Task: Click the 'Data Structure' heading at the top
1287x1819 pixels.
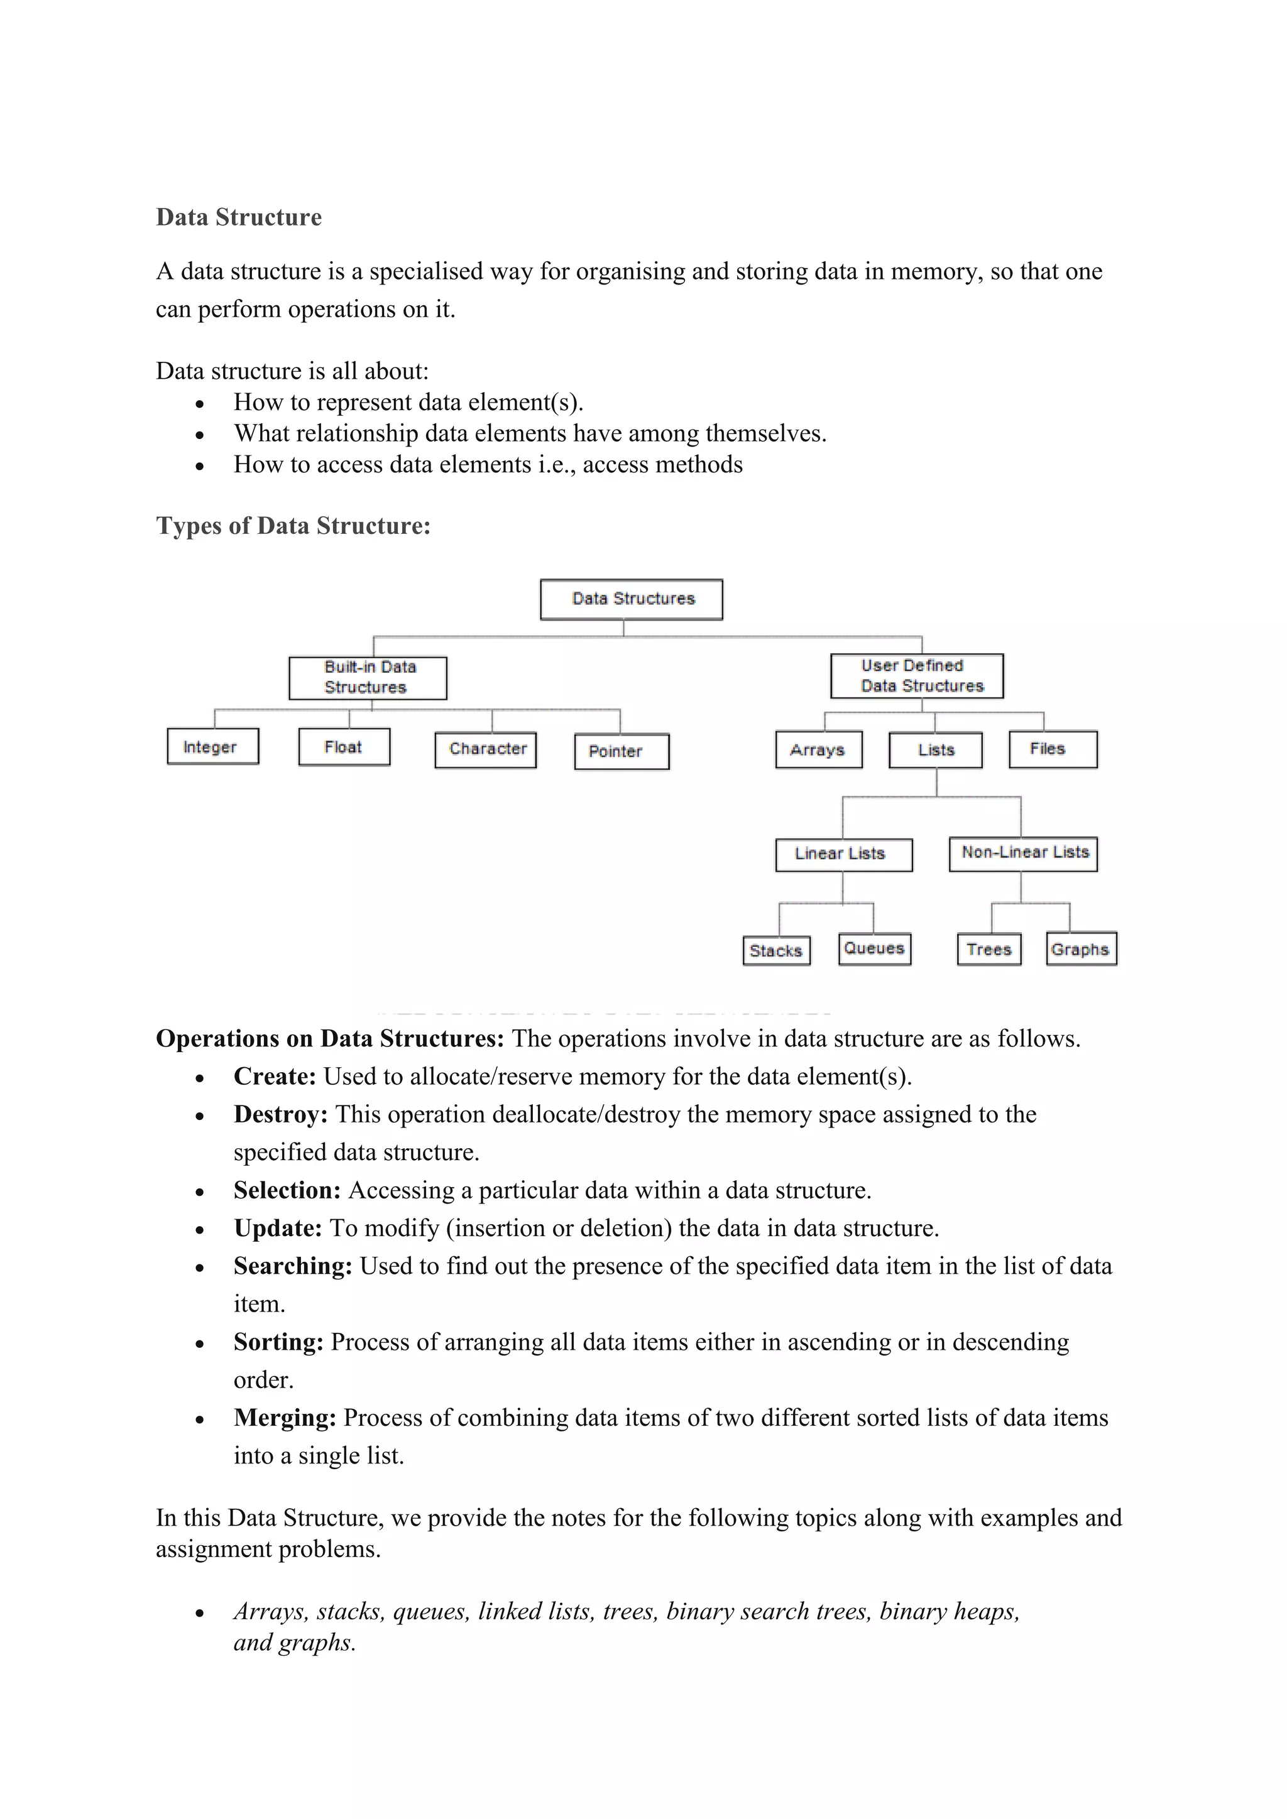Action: point(239,217)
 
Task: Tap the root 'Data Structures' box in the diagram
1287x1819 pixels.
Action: point(632,599)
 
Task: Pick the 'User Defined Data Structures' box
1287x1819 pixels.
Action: point(917,676)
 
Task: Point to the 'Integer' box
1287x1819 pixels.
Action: point(212,746)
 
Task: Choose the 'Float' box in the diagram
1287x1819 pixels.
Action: point(344,746)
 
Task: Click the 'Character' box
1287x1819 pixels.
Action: point(486,749)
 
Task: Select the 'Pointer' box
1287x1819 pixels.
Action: point(622,751)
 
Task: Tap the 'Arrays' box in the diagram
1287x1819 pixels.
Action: point(819,749)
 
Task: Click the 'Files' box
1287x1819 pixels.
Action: point(1053,749)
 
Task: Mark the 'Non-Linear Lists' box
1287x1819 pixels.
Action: point(1023,853)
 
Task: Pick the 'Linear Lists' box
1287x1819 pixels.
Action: point(843,854)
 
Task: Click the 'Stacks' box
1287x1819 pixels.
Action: point(776,950)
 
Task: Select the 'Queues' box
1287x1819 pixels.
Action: point(874,948)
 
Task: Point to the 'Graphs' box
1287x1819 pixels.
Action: point(1081,948)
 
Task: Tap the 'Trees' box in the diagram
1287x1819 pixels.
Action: point(989,948)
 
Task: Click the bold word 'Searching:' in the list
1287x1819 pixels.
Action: point(292,1266)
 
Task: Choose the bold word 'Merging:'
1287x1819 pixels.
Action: point(285,1418)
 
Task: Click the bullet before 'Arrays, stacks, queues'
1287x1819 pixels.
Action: point(200,1613)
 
